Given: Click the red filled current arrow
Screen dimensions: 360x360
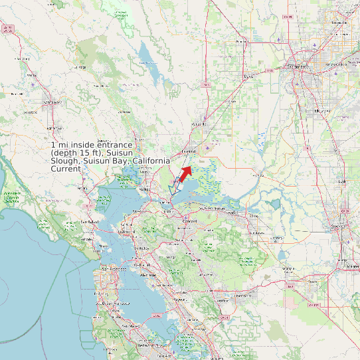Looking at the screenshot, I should (x=185, y=172).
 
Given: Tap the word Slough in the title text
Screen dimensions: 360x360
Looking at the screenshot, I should (x=64, y=161).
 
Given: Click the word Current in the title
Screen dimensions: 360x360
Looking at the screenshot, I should (x=66, y=169).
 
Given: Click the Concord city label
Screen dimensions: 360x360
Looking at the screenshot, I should (x=191, y=220).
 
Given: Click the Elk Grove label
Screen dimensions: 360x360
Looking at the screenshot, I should (x=322, y=111).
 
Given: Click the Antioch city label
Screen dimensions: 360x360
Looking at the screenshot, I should (x=232, y=213).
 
